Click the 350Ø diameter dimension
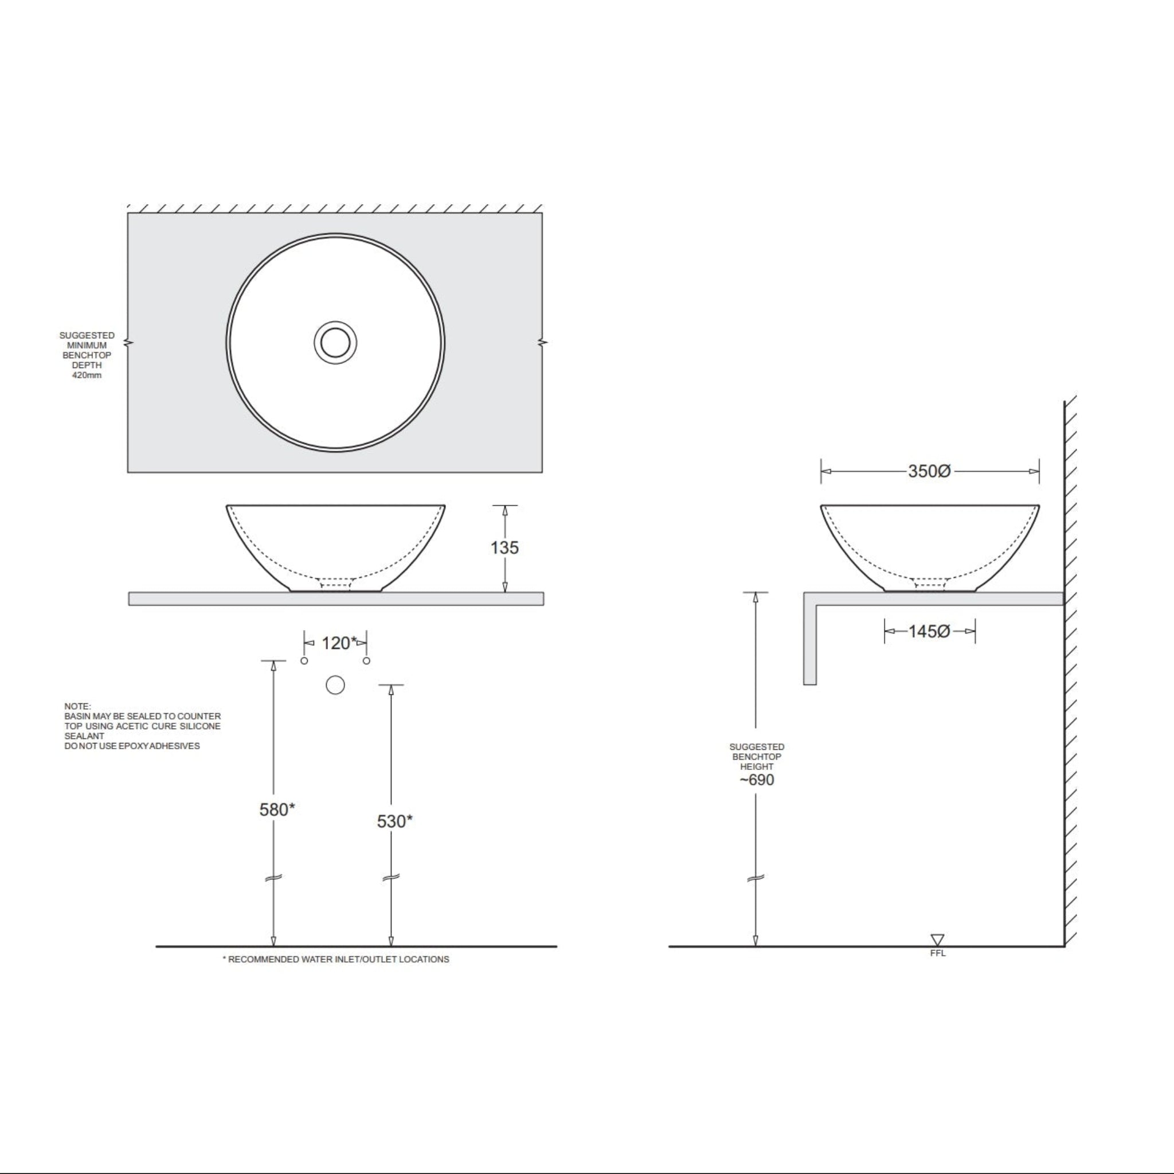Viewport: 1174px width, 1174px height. point(929,471)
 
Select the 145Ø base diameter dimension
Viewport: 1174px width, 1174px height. point(929,631)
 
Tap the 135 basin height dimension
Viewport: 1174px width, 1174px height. point(504,547)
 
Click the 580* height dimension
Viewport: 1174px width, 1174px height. point(276,809)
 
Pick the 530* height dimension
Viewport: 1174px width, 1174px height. point(394,821)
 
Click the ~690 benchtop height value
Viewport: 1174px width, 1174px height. point(757,780)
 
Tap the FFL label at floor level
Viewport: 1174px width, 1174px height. point(938,953)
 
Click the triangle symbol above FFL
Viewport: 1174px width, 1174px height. point(938,940)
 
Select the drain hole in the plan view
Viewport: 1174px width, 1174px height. point(335,343)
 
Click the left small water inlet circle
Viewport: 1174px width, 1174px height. point(304,660)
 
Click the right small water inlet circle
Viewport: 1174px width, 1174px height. point(366,660)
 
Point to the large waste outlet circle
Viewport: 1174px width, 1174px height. point(335,686)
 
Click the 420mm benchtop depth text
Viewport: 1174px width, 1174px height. point(87,375)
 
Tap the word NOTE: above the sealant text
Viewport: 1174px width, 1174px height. point(77,706)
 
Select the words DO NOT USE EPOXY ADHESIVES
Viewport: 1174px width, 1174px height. point(132,746)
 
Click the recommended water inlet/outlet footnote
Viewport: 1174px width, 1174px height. point(335,960)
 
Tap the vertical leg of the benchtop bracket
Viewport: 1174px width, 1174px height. point(809,644)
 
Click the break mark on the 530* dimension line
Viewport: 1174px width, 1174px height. point(391,878)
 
